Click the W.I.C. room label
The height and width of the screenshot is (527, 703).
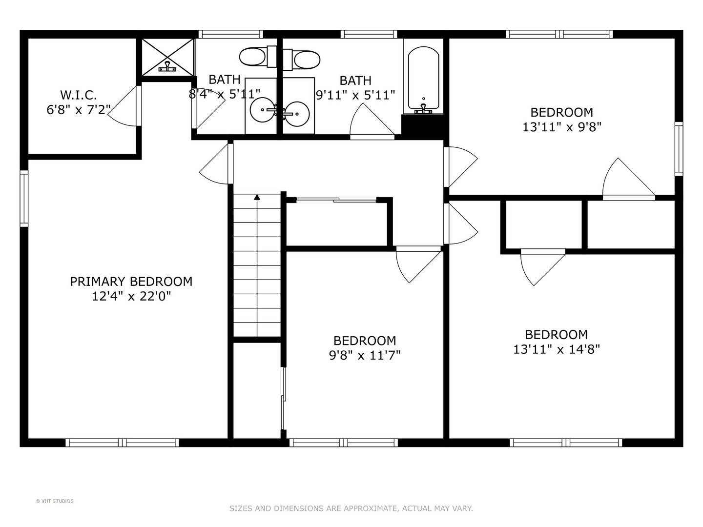click(78, 95)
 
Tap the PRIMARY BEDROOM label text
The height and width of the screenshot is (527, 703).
click(131, 282)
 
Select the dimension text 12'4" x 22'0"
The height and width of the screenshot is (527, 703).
click(131, 296)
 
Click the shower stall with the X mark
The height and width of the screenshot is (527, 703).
click(167, 58)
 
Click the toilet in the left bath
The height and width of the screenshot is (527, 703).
click(253, 58)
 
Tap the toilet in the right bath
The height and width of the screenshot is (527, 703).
click(307, 60)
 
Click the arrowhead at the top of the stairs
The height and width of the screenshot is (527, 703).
click(257, 197)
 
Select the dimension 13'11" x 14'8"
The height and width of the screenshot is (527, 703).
click(556, 349)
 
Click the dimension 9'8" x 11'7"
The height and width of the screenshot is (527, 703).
click(365, 355)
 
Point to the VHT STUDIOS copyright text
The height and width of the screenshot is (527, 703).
click(55, 501)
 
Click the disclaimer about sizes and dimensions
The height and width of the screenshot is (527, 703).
click(351, 508)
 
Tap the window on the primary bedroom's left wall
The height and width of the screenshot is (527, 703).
click(23, 198)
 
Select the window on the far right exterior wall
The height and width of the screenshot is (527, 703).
click(679, 148)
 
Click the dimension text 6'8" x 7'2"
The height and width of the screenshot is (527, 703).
click(78, 109)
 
